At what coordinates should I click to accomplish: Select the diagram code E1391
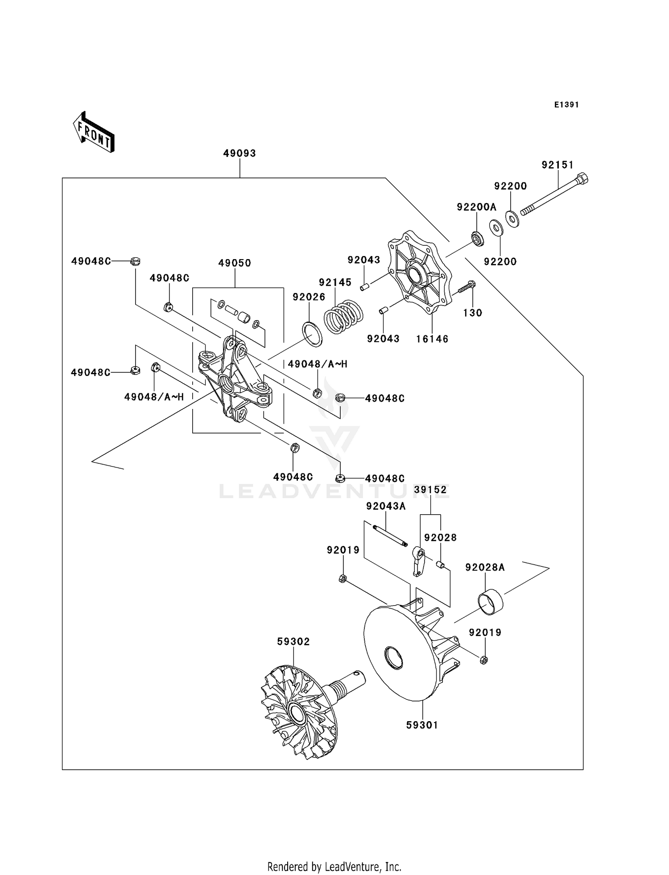point(566,105)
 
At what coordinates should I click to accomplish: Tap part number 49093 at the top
point(240,153)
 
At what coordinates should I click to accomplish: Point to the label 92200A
point(476,207)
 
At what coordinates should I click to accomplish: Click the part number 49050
point(235,263)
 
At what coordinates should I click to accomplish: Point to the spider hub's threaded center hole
point(226,383)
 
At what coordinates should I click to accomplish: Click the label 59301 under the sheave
point(422,726)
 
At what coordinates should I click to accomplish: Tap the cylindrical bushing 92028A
point(490,602)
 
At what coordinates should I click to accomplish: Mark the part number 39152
point(430,490)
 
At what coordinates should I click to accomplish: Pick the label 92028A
point(485,567)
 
